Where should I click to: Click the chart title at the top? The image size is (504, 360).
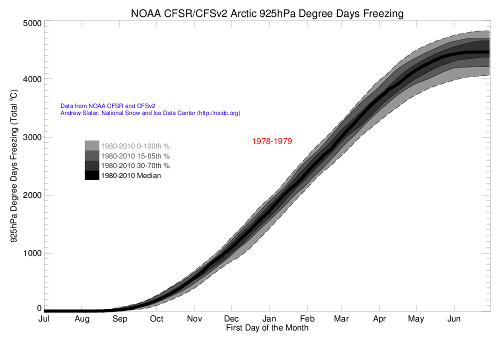[266, 13]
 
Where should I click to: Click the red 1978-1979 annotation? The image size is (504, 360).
[271, 141]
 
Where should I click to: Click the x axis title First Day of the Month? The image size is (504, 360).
[267, 328]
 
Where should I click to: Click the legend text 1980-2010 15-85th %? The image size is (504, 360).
[135, 156]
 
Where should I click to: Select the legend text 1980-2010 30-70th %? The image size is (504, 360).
[135, 165]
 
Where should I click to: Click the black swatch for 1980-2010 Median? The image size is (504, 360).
[91, 175]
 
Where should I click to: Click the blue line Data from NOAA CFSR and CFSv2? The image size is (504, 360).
[108, 106]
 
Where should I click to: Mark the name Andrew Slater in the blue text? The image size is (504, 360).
[78, 113]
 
